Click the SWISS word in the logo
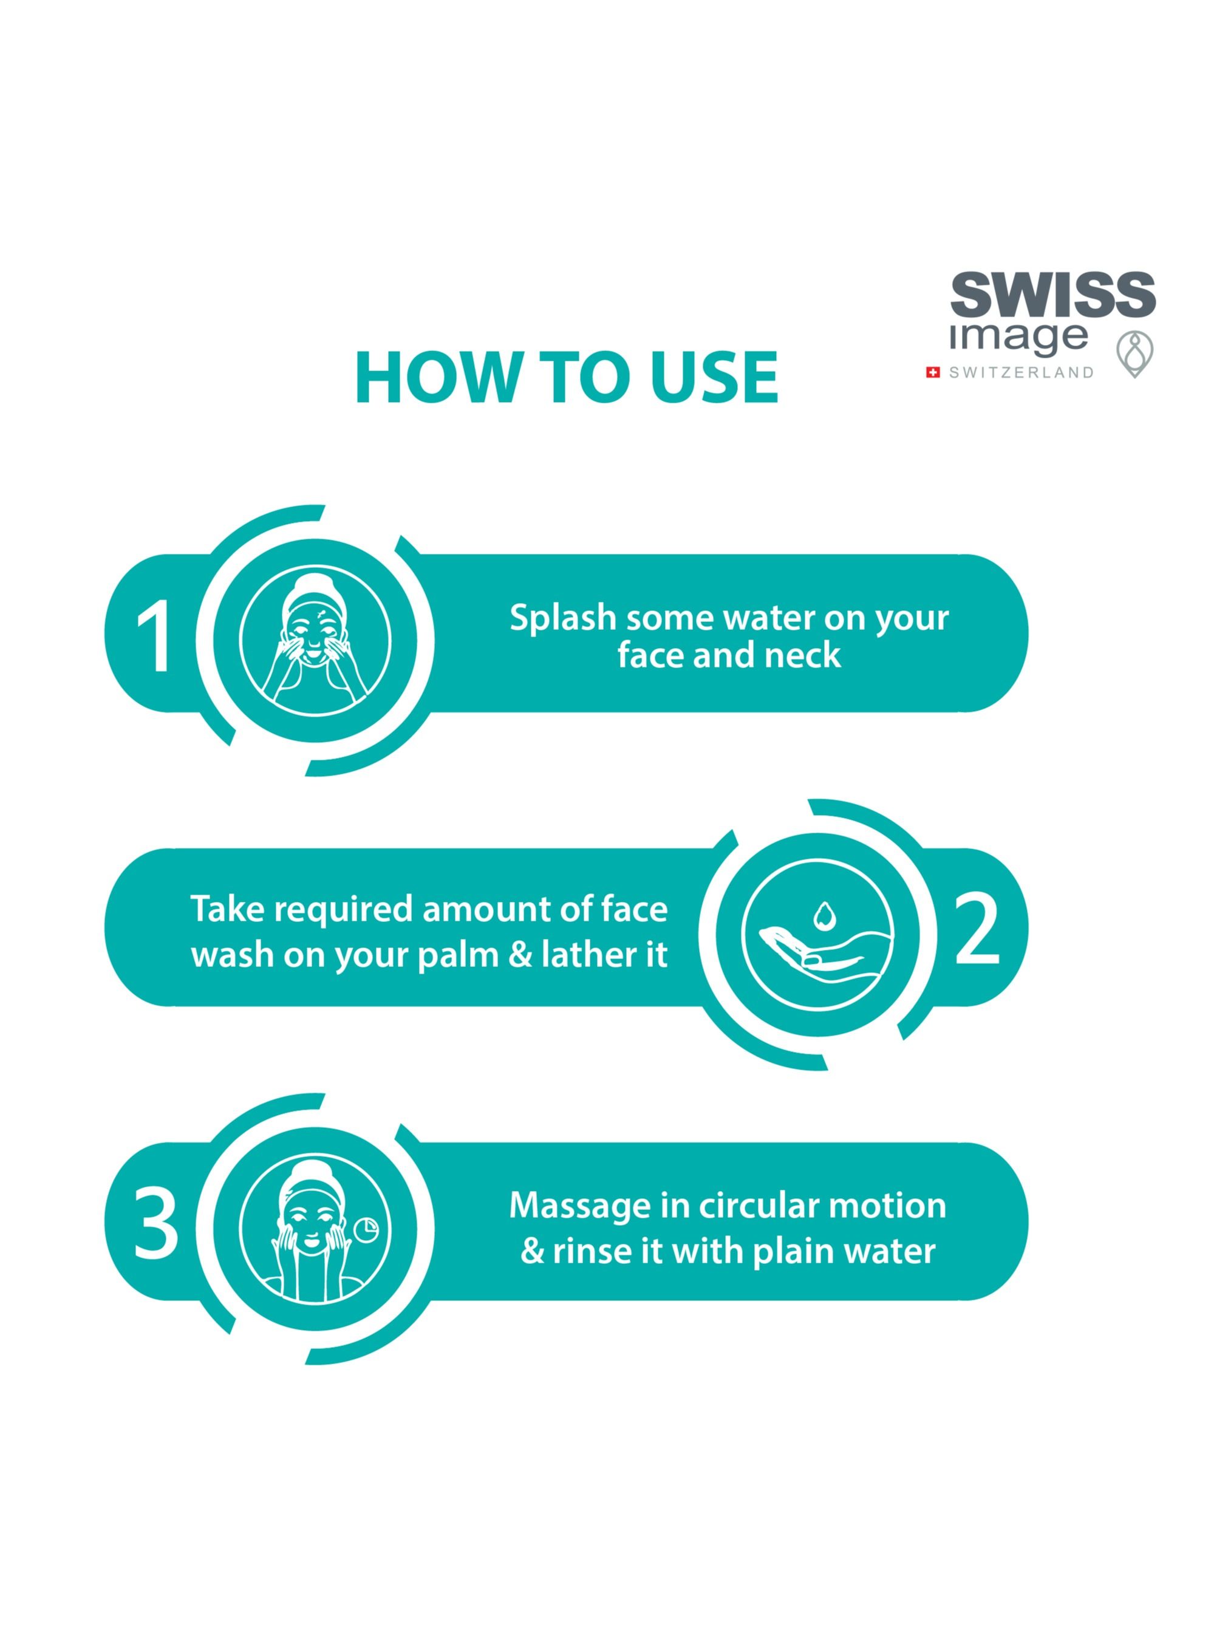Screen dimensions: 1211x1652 1052,295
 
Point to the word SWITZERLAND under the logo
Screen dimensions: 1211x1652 1021,373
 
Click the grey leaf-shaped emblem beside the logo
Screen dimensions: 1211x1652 1134,355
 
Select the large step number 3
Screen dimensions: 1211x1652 155,1223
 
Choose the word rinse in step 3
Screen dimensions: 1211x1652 593,1251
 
